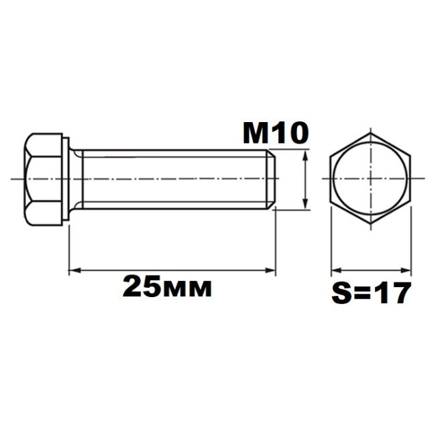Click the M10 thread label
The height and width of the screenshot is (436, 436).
point(276,133)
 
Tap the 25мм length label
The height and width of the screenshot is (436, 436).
point(167,286)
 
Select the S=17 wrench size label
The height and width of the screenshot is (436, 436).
point(371,293)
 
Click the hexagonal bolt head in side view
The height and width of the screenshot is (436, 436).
point(43,179)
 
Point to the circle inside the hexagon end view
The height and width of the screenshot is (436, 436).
point(333,179)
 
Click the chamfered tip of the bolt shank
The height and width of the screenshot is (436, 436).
point(271,179)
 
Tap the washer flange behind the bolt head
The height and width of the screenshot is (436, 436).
point(66,179)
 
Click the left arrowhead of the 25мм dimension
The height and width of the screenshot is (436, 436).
point(74,270)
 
